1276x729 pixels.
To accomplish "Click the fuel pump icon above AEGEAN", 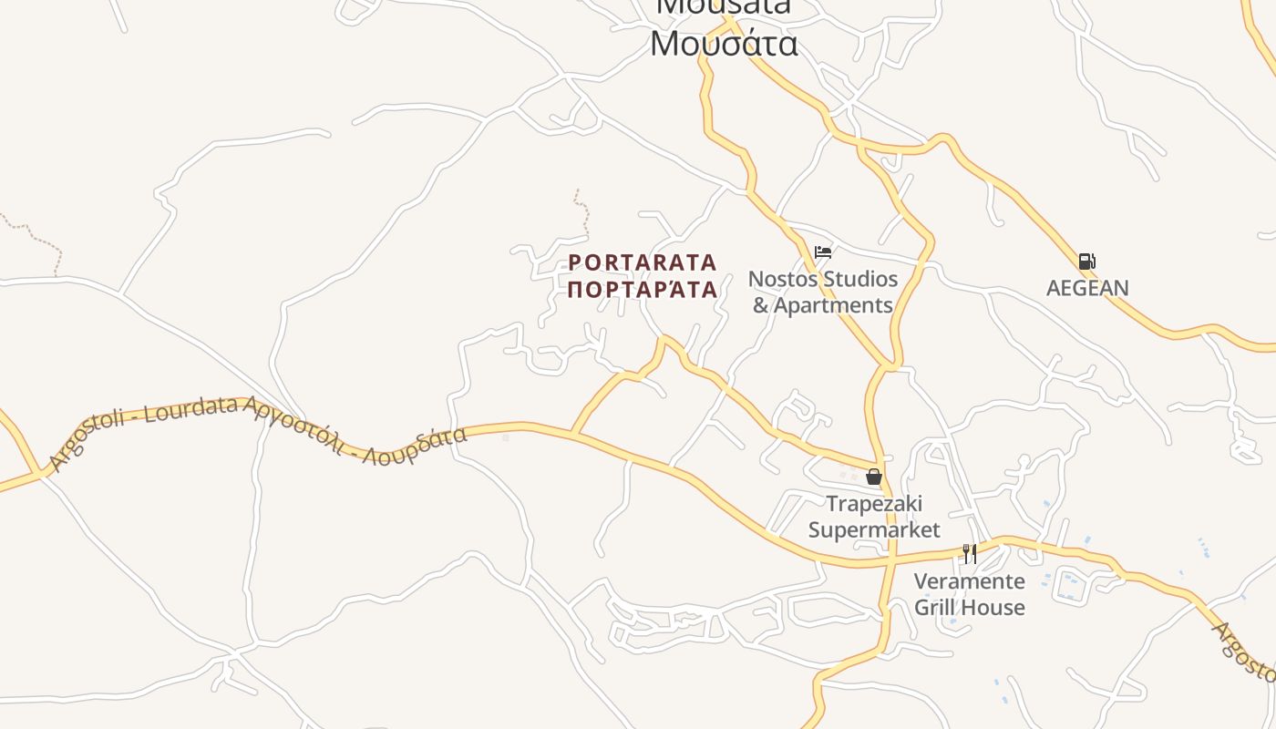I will pyautogui.click(x=1086, y=262).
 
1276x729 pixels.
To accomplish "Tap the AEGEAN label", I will pyautogui.click(x=1087, y=288).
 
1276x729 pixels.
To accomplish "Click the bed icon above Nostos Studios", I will pyautogui.click(x=823, y=252).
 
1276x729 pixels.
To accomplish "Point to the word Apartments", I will pyautogui.click(x=834, y=305).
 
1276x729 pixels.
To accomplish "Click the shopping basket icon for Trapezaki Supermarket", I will pyautogui.click(x=873, y=477).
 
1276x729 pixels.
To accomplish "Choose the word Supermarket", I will pyautogui.click(x=874, y=529).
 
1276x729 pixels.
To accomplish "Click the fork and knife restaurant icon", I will pyautogui.click(x=970, y=553).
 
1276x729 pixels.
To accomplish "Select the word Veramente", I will pyautogui.click(x=969, y=581).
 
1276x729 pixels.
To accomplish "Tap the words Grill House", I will pyautogui.click(x=969, y=607).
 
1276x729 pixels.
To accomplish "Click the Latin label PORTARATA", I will pyautogui.click(x=643, y=262).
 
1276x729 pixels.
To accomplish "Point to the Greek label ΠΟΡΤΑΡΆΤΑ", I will pyautogui.click(x=643, y=290).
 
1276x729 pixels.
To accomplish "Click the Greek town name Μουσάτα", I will pyautogui.click(x=725, y=44).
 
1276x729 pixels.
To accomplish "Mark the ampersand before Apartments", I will pyautogui.click(x=761, y=305).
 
